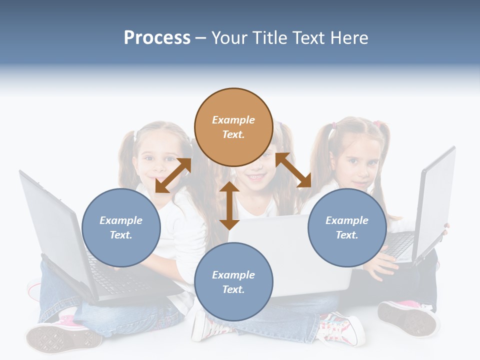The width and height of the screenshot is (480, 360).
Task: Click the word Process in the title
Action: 157,38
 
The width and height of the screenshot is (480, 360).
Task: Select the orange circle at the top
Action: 233,127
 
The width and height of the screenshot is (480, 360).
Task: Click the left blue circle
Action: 121,227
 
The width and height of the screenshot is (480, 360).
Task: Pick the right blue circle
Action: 347,227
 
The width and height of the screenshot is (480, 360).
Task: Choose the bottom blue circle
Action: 233,282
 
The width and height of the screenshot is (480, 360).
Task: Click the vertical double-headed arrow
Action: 229,205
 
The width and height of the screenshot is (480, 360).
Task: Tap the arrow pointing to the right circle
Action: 293,170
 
